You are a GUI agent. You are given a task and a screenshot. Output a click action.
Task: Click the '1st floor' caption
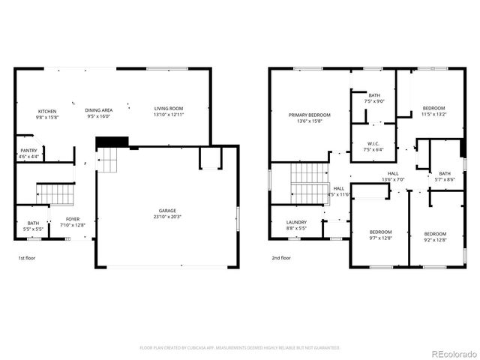click(27, 258)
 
